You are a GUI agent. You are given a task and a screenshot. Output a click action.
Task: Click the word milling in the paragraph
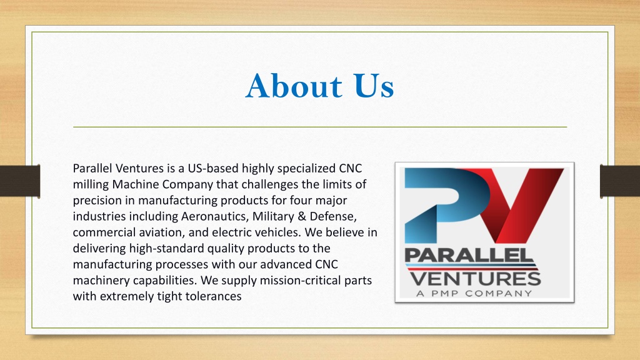pos(91,184)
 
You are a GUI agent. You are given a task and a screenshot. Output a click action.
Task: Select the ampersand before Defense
pos(302,216)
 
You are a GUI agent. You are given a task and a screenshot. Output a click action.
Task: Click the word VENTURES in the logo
pos(476,279)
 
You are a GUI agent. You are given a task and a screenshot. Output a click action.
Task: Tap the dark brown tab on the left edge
pos(20,181)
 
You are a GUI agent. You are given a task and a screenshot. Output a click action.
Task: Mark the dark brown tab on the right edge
pos(620,181)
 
